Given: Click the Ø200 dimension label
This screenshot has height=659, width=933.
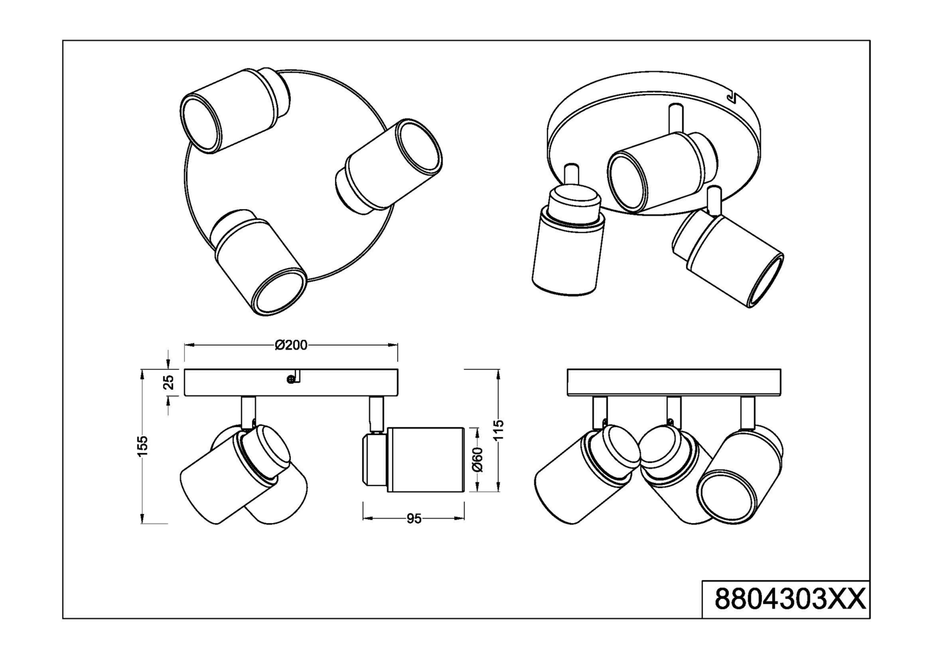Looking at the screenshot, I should (x=291, y=345).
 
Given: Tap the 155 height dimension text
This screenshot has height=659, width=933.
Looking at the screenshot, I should (x=143, y=445).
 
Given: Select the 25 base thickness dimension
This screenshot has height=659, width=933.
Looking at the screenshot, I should (x=168, y=382).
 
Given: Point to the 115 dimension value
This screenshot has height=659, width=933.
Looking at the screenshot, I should (x=498, y=429).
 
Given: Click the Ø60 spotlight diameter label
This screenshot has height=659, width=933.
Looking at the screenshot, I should (x=478, y=459).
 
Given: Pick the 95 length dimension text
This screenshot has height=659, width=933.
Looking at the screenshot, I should (x=413, y=519).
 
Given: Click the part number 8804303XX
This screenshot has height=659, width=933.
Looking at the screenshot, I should (x=789, y=599).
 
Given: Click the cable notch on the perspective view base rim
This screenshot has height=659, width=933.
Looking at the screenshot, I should (x=732, y=97).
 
